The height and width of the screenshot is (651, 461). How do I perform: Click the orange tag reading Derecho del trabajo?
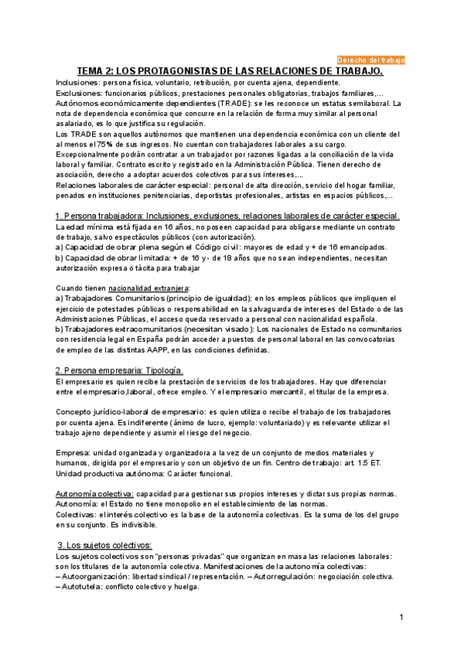[371, 59]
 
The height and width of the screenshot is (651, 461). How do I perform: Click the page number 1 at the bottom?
[401, 618]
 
